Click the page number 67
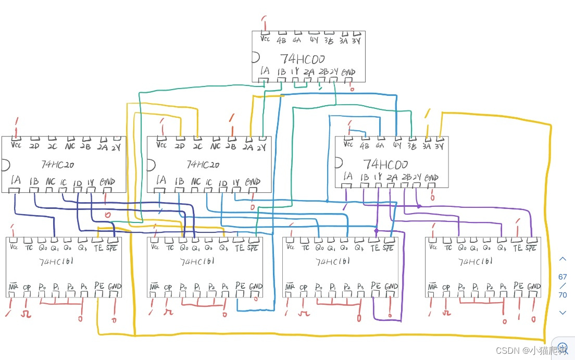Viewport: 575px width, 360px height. click(x=562, y=277)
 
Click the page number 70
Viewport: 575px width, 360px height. click(x=562, y=294)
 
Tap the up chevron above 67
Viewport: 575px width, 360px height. click(x=562, y=259)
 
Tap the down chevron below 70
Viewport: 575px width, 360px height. click(x=562, y=312)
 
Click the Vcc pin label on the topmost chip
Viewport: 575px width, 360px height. click(x=265, y=39)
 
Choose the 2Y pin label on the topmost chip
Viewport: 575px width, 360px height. click(x=334, y=72)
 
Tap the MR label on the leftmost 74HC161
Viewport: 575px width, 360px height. click(x=13, y=287)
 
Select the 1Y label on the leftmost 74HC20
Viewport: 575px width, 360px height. click(x=90, y=182)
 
